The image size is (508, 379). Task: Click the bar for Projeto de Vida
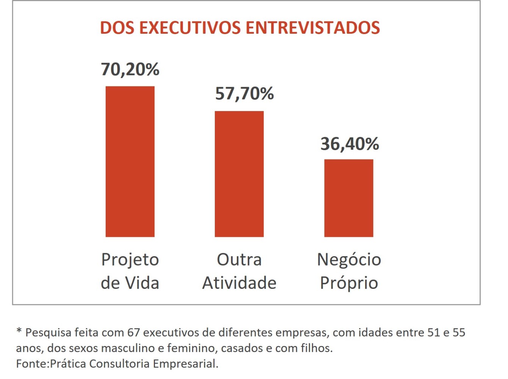click(x=130, y=161)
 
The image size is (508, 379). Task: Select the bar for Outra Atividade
click(x=239, y=174)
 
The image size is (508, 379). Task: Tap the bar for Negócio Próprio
click(x=349, y=198)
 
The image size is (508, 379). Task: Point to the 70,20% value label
click(x=130, y=69)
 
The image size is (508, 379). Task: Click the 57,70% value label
click(x=244, y=94)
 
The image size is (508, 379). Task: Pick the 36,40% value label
click(x=350, y=144)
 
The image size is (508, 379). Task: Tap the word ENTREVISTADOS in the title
click(x=313, y=28)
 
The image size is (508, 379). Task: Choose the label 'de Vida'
click(x=130, y=283)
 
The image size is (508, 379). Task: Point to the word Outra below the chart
click(x=239, y=260)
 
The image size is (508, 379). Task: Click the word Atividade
click(x=239, y=283)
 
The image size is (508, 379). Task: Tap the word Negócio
click(x=349, y=260)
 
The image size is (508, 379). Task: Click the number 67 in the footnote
click(x=134, y=332)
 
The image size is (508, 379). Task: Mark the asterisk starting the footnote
click(x=19, y=331)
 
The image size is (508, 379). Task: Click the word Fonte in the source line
click(x=32, y=363)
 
